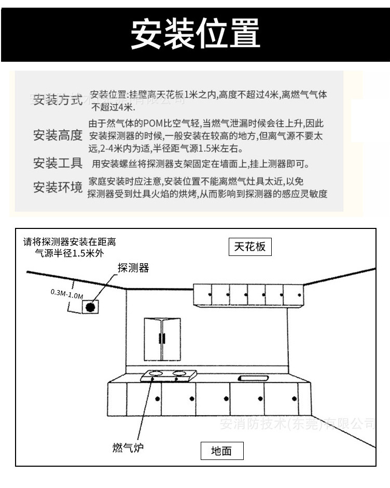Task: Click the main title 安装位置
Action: pyautogui.click(x=195, y=32)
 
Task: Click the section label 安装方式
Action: pyautogui.click(x=58, y=100)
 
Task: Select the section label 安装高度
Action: pyautogui.click(x=58, y=136)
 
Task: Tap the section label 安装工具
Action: pyautogui.click(x=58, y=164)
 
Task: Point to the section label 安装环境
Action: pyautogui.click(x=58, y=187)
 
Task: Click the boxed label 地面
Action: pyautogui.click(x=221, y=451)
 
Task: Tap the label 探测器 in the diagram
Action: pyautogui.click(x=133, y=268)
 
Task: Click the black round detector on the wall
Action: pyautogui.click(x=90, y=307)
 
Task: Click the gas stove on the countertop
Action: pyautogui.click(x=167, y=375)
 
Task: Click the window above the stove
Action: pyautogui.click(x=162, y=339)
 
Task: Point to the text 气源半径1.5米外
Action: pyautogui.click(x=66, y=254)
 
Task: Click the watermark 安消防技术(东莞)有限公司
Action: pyautogui.click(x=297, y=424)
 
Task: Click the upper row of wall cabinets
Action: pyautogui.click(x=248, y=295)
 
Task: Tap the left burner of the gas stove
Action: pyautogui.click(x=154, y=373)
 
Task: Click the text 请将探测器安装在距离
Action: pyautogui.click(x=69, y=242)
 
